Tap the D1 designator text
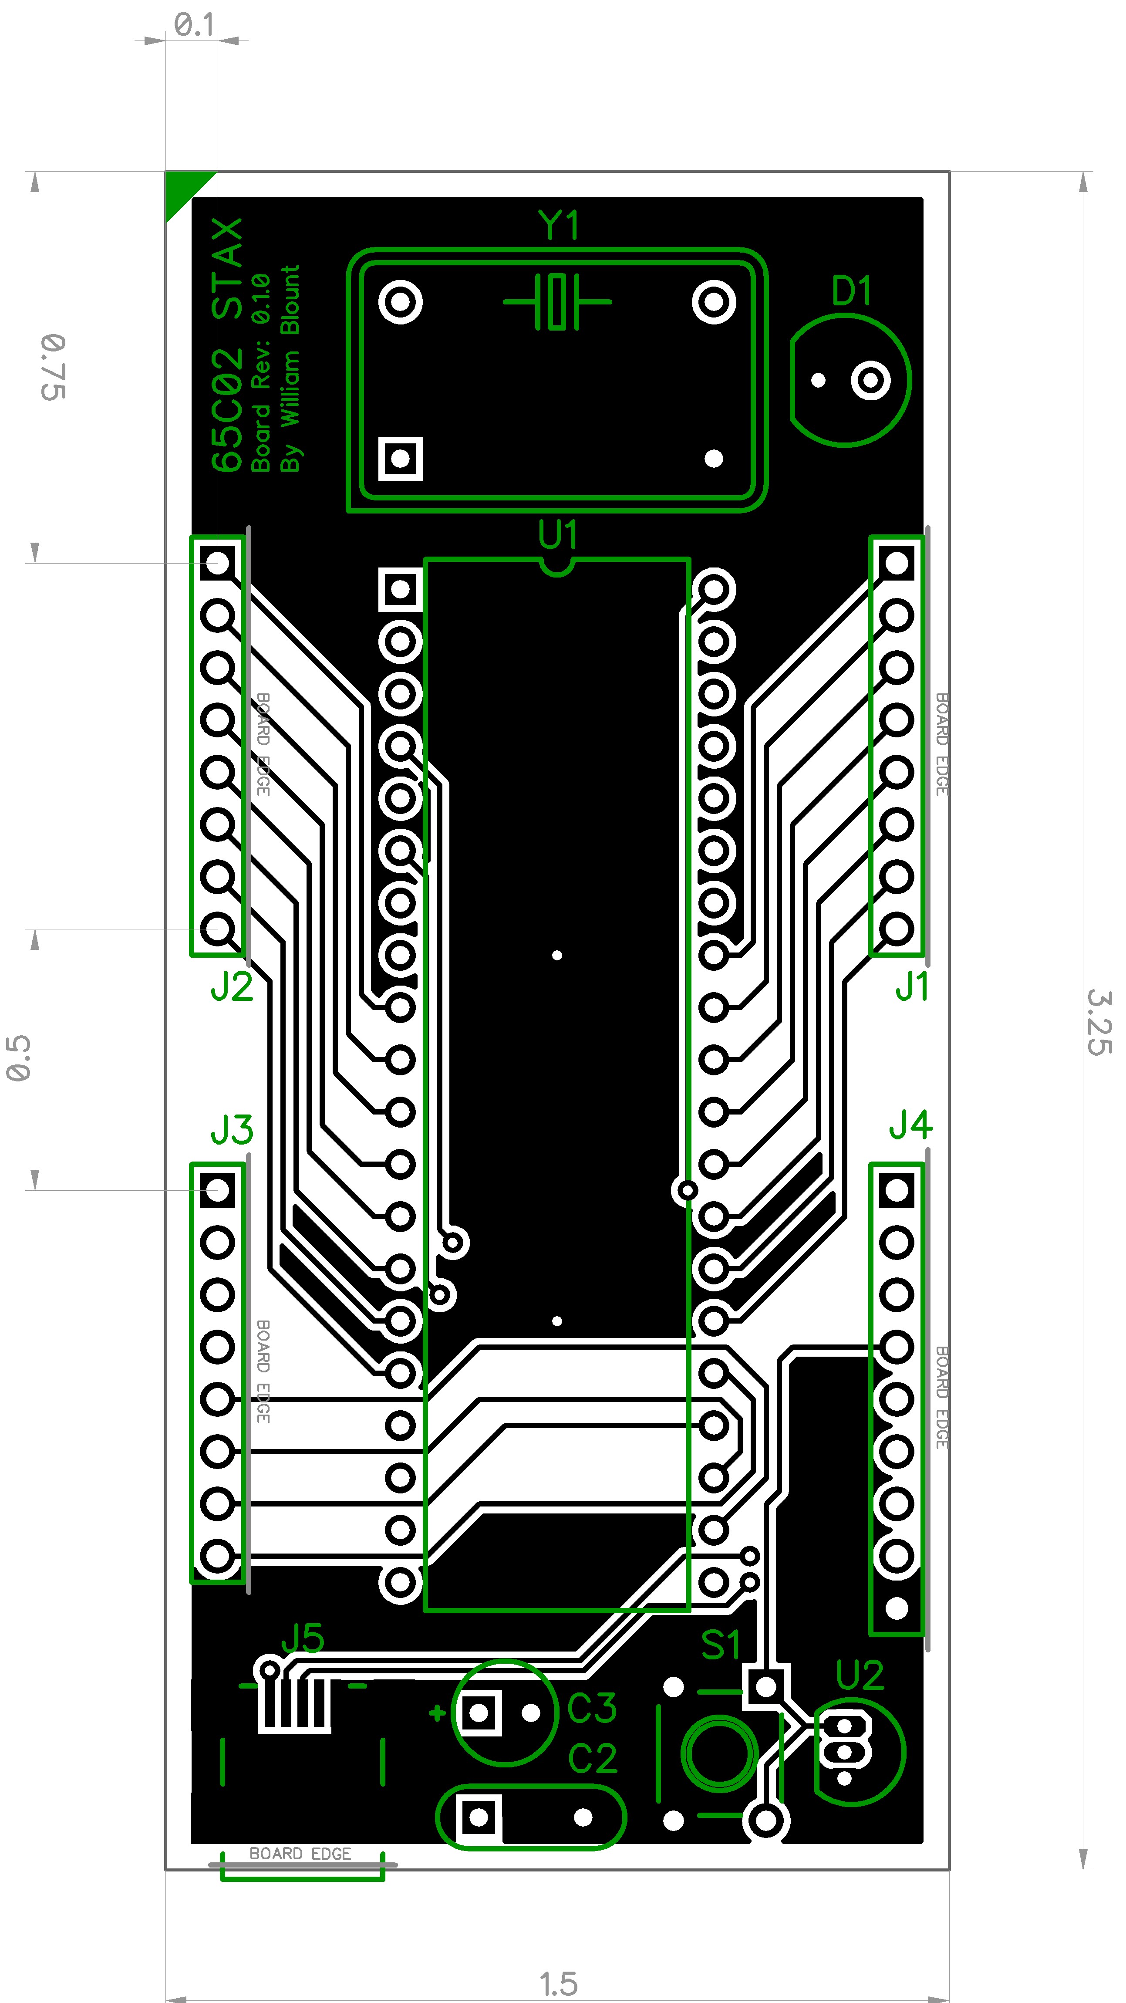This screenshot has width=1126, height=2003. click(852, 291)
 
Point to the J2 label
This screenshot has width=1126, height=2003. click(232, 987)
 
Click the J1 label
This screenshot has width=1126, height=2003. click(912, 987)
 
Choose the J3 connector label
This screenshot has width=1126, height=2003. click(232, 1130)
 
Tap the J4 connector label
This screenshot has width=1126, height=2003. click(910, 1125)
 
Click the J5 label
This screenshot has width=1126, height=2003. click(303, 1638)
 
